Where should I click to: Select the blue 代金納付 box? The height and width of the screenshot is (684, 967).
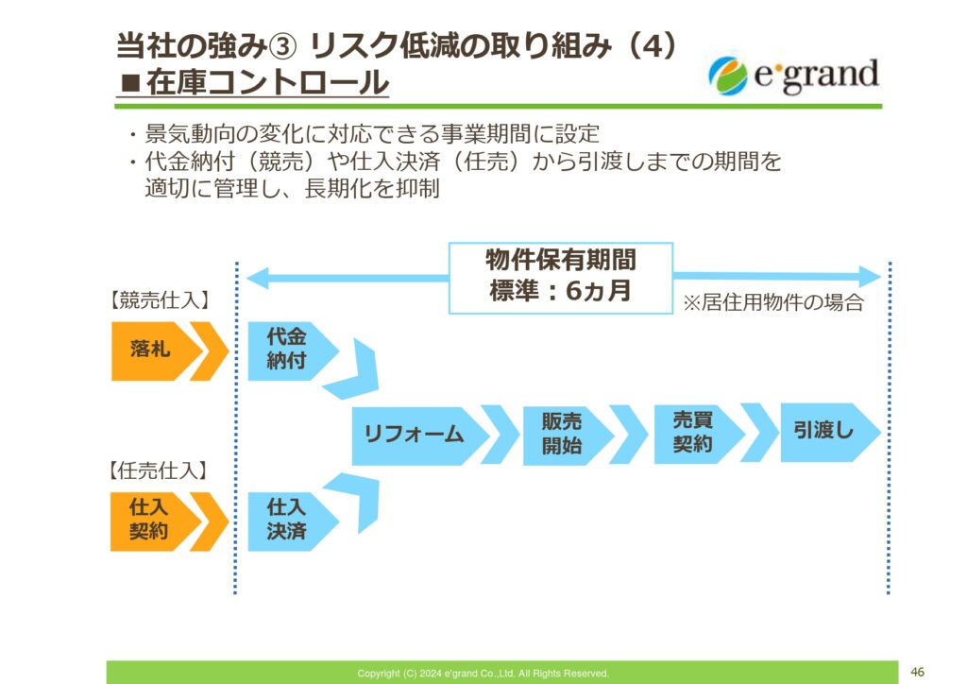click(x=291, y=351)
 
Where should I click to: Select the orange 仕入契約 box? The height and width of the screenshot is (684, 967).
click(x=154, y=522)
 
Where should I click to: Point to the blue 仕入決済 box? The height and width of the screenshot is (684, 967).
click(x=291, y=522)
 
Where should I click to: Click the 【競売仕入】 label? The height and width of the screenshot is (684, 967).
click(x=160, y=300)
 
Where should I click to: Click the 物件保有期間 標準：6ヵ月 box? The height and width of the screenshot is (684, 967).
click(x=561, y=278)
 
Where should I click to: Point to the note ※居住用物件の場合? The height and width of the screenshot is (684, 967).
click(x=772, y=302)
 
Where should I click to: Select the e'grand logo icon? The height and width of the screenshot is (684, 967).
click(x=728, y=76)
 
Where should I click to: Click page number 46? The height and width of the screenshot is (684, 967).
click(x=917, y=672)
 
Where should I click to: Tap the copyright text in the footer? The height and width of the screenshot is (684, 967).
click(x=483, y=674)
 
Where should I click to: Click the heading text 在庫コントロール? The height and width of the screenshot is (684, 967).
click(x=267, y=83)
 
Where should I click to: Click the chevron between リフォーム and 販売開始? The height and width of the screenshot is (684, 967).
click(x=500, y=435)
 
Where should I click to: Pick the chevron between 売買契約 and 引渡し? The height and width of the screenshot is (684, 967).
click(x=760, y=433)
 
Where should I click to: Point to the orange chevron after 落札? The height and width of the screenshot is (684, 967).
click(x=210, y=351)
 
